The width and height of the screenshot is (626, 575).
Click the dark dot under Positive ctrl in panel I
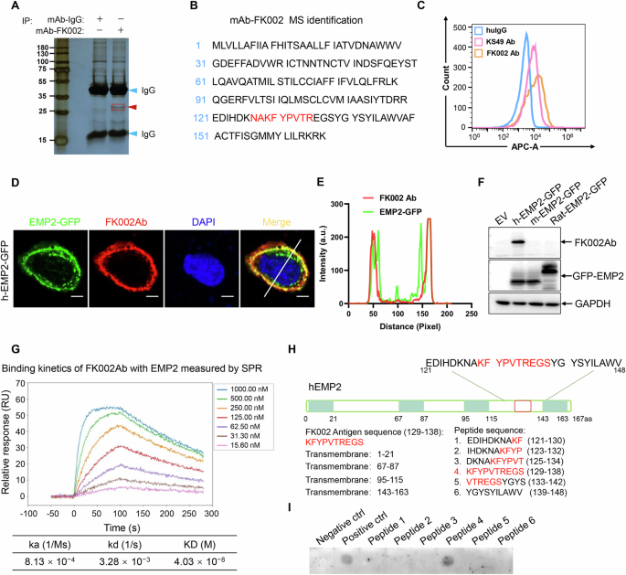tap(347, 558)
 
